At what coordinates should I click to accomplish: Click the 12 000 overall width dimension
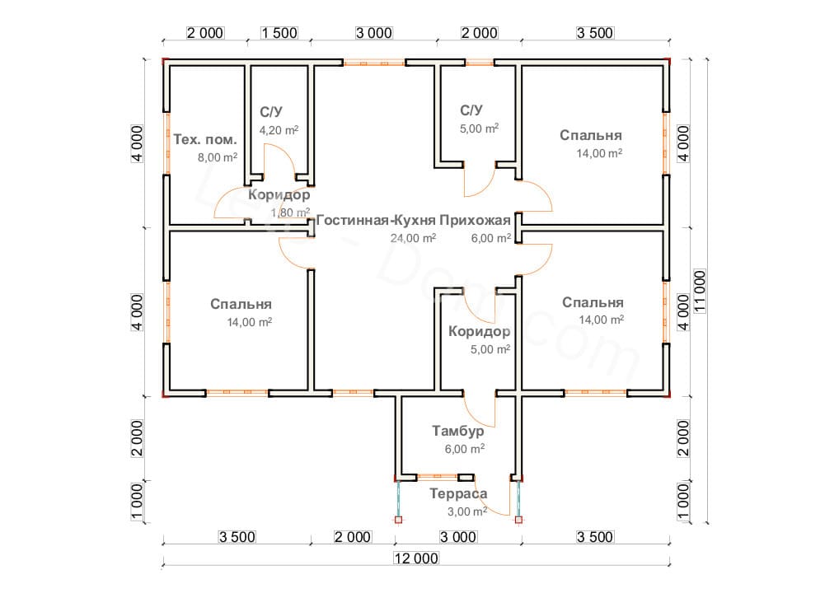tap(415, 558)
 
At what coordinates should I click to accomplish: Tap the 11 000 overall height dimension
tap(700, 291)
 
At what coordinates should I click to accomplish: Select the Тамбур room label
tap(458, 431)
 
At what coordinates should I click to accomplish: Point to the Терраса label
tap(458, 493)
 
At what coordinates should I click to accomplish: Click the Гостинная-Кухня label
tap(376, 220)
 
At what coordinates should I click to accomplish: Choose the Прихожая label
tap(476, 220)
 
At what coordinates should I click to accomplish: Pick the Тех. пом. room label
tap(205, 139)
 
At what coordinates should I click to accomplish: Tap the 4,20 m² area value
tap(279, 130)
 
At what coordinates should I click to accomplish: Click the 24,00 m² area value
tap(413, 238)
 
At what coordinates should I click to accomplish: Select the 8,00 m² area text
tap(218, 157)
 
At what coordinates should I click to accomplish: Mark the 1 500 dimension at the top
tap(279, 33)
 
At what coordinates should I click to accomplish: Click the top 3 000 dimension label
tap(374, 33)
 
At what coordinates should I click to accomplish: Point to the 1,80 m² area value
tap(291, 212)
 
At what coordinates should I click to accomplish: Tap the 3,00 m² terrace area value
tap(467, 511)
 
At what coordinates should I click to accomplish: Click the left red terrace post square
tap(398, 519)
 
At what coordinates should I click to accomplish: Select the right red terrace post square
tap(518, 519)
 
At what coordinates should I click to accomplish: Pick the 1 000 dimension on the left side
tap(138, 502)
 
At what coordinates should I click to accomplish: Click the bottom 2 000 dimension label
tap(352, 537)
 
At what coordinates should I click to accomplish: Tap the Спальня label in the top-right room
tap(591, 135)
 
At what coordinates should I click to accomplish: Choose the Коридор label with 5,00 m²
tap(479, 332)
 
